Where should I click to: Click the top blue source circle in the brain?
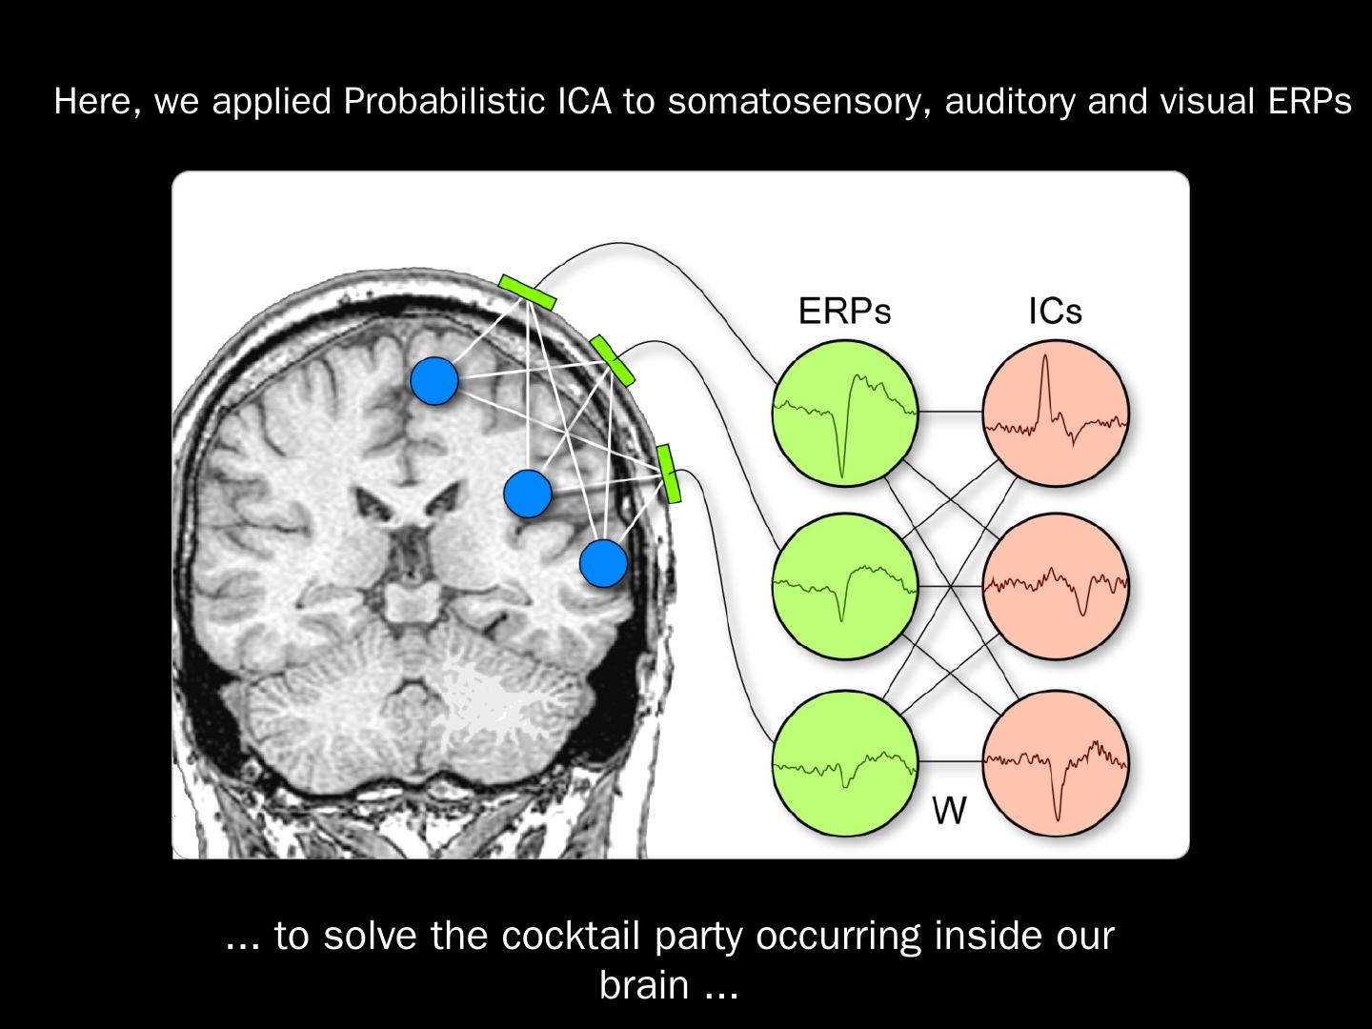coord(434,380)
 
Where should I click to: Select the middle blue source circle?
coord(527,494)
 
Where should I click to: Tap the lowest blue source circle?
coord(603,562)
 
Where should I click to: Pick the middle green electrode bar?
coord(612,360)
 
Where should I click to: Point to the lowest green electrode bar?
coord(669,473)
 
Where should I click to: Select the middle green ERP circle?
coord(845,586)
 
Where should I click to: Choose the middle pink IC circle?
coord(1056,586)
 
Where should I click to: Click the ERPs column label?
coord(844,312)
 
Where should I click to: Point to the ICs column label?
coord(1055,312)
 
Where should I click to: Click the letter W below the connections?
coord(949,812)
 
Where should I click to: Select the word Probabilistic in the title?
coord(445,101)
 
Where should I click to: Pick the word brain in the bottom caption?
coord(644,985)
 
